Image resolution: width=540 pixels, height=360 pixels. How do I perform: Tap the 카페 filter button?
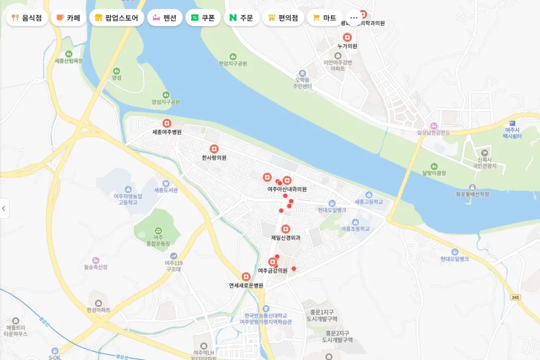(x=68, y=17)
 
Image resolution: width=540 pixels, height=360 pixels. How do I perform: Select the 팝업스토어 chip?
(x=117, y=17)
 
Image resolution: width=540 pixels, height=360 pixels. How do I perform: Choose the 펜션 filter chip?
(x=165, y=17)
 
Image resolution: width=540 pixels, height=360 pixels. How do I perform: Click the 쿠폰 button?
(x=203, y=17)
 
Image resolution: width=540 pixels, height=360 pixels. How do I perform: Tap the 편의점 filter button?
(x=283, y=17)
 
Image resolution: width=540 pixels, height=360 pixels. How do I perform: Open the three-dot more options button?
(x=354, y=17)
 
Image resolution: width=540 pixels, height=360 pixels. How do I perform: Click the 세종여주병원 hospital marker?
(x=167, y=123)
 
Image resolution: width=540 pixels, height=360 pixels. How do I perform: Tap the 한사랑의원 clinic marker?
(x=214, y=149)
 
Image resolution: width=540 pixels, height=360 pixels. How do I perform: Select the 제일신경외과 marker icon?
(x=285, y=229)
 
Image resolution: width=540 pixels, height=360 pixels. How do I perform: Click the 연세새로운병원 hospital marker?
(x=246, y=277)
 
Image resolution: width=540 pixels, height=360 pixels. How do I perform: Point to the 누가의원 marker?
(x=347, y=37)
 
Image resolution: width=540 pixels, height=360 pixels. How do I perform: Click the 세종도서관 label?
(x=166, y=190)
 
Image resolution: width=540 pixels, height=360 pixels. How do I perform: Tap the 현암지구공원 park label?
(x=233, y=63)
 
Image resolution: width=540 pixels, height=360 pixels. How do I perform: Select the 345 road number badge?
(x=515, y=298)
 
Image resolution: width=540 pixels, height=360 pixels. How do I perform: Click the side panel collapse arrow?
(x=4, y=208)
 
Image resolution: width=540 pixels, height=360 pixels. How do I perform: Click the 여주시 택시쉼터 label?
(x=512, y=133)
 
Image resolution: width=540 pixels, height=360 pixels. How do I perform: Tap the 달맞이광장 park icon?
(x=434, y=166)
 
